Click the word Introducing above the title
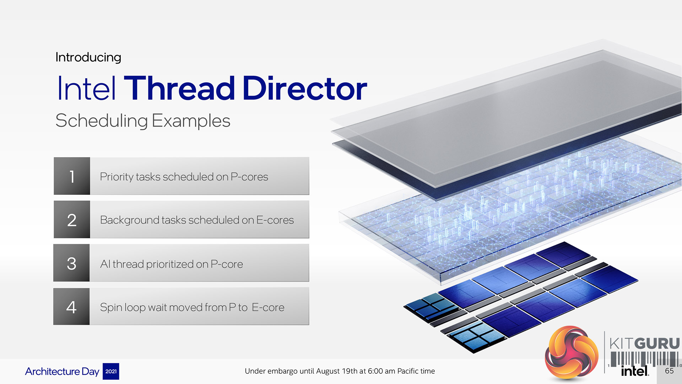click(88, 57)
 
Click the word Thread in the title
click(179, 88)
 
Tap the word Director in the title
click(305, 88)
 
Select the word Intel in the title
click(86, 88)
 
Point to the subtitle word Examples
click(191, 121)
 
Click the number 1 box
click(72, 176)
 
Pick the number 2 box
click(72, 219)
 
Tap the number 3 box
click(71, 263)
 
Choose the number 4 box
click(71, 306)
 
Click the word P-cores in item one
click(249, 177)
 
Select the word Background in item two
click(129, 220)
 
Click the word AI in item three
click(105, 264)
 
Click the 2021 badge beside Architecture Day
click(111, 371)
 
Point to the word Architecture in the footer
click(52, 371)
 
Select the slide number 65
click(669, 371)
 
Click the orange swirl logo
click(572, 353)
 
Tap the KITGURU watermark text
click(644, 343)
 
